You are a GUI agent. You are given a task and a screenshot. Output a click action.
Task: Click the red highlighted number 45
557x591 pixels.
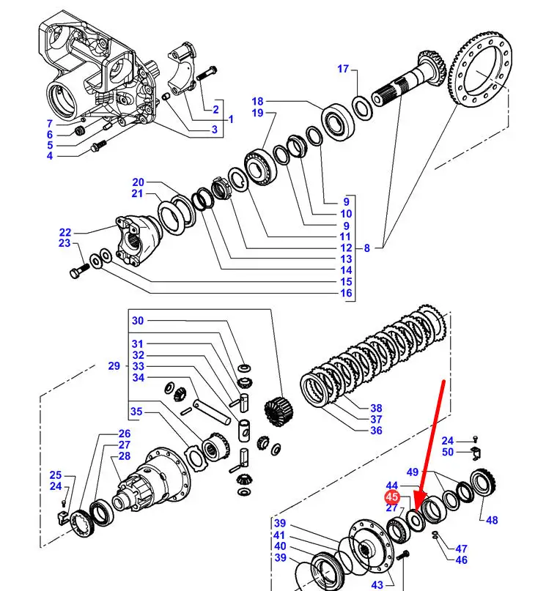[391, 497]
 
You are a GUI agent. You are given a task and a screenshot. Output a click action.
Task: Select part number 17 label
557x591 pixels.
[343, 70]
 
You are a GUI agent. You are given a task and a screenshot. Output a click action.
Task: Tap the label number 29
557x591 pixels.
[114, 365]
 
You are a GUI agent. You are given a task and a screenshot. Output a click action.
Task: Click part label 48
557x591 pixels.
[491, 520]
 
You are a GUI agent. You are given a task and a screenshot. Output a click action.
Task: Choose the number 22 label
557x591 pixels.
[65, 233]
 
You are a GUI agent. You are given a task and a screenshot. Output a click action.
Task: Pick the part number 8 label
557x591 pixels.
[367, 248]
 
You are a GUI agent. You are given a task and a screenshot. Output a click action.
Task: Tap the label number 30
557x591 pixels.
[138, 321]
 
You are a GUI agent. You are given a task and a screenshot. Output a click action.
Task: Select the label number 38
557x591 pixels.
[376, 408]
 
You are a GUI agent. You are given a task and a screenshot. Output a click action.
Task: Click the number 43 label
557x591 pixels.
[377, 585]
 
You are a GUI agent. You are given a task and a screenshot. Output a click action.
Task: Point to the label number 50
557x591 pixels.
[447, 452]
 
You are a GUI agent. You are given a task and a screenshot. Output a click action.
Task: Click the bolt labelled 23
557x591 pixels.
[78, 272]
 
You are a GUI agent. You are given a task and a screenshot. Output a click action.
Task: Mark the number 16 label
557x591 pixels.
[346, 293]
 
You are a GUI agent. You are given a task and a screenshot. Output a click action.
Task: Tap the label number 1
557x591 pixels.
[230, 119]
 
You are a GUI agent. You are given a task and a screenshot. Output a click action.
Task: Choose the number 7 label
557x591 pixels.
[50, 124]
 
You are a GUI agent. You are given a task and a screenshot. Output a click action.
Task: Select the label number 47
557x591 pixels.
[461, 549]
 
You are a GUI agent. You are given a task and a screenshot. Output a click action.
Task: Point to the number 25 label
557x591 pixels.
[56, 475]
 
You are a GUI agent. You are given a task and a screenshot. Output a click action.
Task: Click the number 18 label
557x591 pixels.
[257, 102]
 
